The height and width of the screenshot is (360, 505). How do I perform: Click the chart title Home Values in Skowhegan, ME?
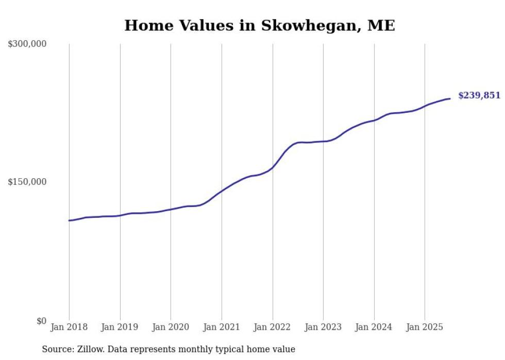pyautogui.click(x=260, y=26)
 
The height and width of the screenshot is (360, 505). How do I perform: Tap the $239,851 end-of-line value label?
pyautogui.click(x=479, y=95)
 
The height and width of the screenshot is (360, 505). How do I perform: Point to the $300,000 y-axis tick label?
pyautogui.click(x=27, y=44)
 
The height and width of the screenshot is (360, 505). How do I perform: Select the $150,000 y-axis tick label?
pyautogui.click(x=27, y=182)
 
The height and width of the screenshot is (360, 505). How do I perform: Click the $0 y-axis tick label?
pyautogui.click(x=41, y=321)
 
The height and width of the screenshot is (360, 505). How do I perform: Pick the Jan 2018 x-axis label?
pyautogui.click(x=69, y=327)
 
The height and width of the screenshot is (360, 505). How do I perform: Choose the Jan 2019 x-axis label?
pyautogui.click(x=120, y=327)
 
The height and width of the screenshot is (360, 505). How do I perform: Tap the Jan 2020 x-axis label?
pyautogui.click(x=171, y=327)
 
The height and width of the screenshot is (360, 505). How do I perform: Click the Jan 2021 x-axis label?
pyautogui.click(x=222, y=327)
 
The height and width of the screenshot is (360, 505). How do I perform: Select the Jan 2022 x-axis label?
pyautogui.click(x=273, y=327)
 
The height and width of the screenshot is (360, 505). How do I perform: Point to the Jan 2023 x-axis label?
pyautogui.click(x=323, y=327)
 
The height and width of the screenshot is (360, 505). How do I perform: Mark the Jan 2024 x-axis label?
pyautogui.click(x=374, y=327)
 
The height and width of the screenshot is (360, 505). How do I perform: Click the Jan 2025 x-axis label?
pyautogui.click(x=425, y=327)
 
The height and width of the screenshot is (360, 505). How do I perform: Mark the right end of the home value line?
pyautogui.click(x=450, y=98)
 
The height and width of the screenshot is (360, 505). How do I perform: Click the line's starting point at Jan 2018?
pyautogui.click(x=69, y=220)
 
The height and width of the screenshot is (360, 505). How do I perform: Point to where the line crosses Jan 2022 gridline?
pyautogui.click(x=273, y=167)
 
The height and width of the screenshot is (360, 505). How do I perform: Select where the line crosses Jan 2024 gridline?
pyautogui.click(x=374, y=120)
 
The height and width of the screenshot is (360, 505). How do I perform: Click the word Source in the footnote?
pyautogui.click(x=57, y=349)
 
